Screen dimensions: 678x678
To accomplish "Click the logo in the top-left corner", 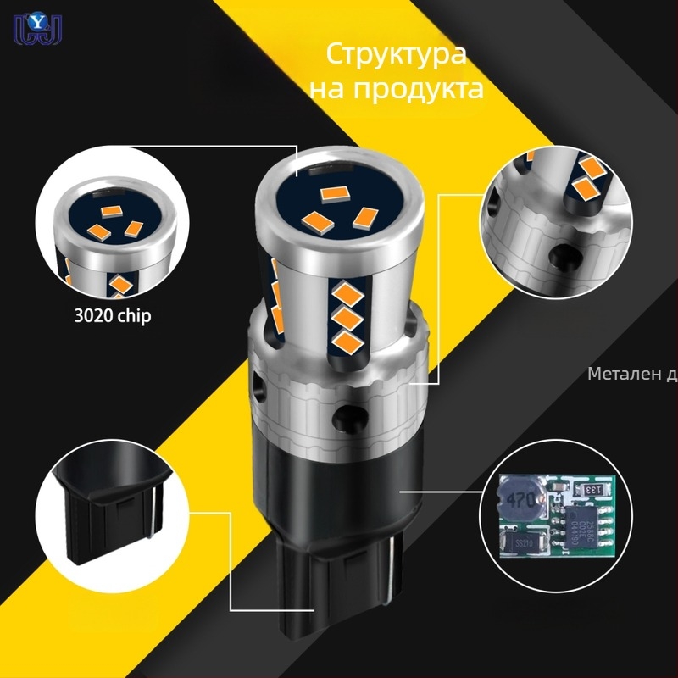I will click(28, 28).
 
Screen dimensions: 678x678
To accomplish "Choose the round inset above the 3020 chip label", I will click(113, 223).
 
